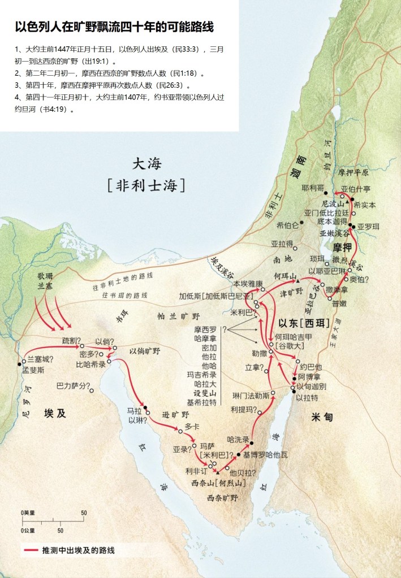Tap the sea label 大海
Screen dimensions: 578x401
pos(147,164)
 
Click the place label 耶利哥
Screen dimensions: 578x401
pos(313,188)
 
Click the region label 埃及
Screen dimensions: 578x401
pos(55,414)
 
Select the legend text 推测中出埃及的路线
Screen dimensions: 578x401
pos(82,550)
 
